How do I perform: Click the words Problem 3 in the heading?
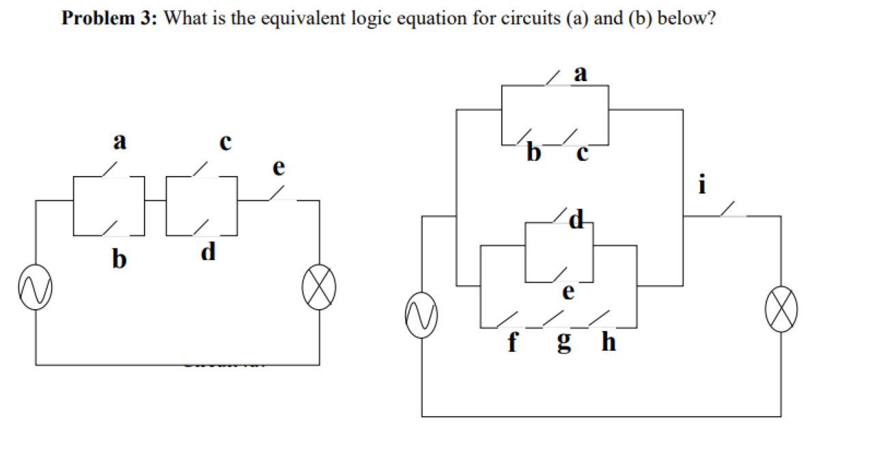coord(109,18)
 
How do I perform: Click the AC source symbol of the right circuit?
coord(421,314)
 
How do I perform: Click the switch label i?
coord(701,184)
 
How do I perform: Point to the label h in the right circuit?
coord(608,342)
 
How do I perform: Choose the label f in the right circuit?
coord(512,342)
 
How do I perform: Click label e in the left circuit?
coord(279,167)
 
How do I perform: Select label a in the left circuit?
coord(120,143)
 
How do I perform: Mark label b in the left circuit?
coord(120,259)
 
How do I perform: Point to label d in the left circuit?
coord(209,252)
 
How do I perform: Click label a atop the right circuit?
coord(581,72)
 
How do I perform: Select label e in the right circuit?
coord(568,293)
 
